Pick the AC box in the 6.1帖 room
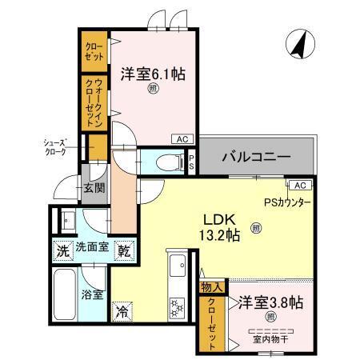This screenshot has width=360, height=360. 182,138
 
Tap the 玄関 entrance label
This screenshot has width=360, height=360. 94,188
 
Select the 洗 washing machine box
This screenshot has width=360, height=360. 63,250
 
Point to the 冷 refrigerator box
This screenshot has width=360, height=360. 122,307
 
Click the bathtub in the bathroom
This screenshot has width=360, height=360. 65,291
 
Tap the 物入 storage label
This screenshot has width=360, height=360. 212,286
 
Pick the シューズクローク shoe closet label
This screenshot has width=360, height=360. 59,147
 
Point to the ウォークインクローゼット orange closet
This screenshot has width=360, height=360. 94,102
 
